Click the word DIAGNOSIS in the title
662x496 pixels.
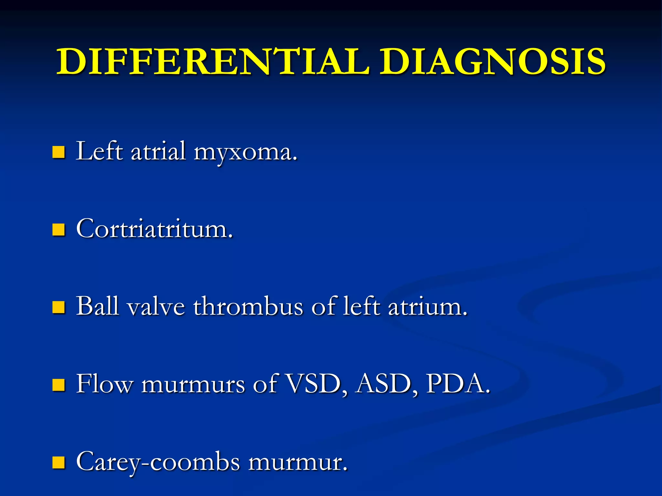pos(492,61)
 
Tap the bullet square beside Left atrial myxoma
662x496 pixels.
pos(59,152)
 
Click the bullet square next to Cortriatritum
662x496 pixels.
pos(59,230)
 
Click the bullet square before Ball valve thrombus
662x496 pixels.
pos(59,307)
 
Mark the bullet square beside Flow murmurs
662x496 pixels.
pos(59,385)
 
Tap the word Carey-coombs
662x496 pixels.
pos(158,462)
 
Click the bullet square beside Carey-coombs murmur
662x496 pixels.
pos(59,462)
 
